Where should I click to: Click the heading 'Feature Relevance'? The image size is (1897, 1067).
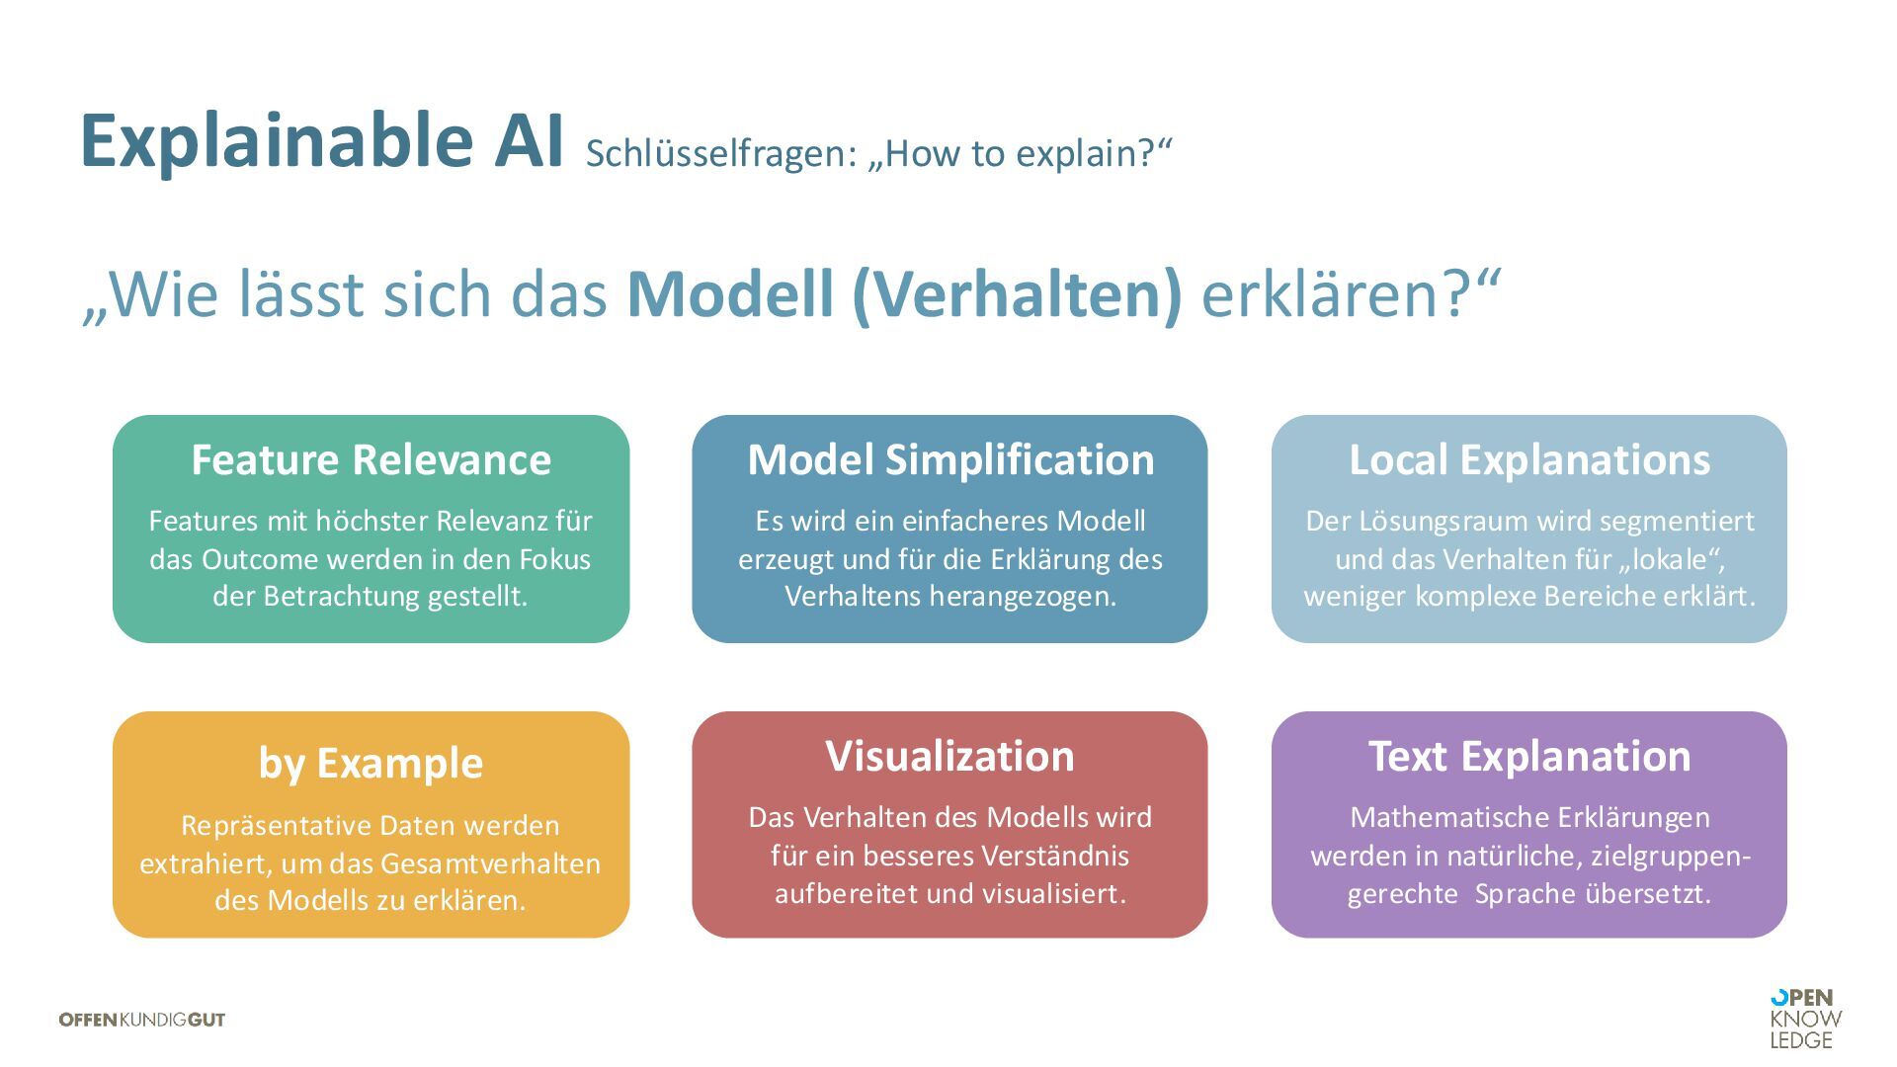point(371,460)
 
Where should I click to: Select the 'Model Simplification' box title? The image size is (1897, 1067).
point(950,460)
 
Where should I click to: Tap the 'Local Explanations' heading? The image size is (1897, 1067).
point(1529,460)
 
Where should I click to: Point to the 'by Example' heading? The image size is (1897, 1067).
point(371,764)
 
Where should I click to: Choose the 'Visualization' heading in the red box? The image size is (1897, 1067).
point(950,757)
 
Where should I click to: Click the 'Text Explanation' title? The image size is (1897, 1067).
point(1529,757)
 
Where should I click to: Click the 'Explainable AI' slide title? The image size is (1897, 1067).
point(321,141)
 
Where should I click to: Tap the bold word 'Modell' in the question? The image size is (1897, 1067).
point(729,294)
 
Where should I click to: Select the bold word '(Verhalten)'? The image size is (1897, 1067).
point(1017,294)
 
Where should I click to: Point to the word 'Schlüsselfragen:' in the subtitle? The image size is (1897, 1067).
point(720,154)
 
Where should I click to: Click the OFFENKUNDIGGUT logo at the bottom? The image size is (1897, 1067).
point(142,1020)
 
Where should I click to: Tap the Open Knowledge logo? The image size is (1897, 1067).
point(1806,1019)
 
